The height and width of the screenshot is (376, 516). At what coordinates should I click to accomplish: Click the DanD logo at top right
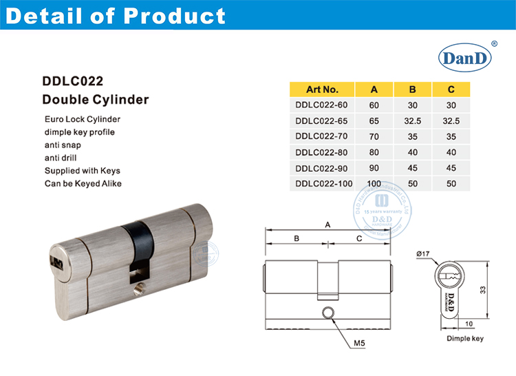462,59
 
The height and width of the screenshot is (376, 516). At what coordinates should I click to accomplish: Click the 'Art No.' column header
321,90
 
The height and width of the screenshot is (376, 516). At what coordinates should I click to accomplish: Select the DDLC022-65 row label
321,120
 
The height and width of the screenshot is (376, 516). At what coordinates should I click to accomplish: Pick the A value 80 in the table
374,152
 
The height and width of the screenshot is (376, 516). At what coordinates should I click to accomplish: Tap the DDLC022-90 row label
321,167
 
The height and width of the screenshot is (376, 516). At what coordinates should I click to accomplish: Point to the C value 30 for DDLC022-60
451,105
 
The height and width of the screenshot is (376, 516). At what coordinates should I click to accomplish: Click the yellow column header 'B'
413,90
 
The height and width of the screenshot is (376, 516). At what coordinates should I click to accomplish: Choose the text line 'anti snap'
63,145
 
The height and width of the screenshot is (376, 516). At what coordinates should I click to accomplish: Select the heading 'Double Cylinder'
96,100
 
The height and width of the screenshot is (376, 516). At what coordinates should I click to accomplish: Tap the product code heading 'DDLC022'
73,81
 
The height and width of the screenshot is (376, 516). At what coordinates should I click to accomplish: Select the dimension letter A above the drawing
328,224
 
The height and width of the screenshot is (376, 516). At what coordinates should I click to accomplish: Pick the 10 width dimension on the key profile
468,323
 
